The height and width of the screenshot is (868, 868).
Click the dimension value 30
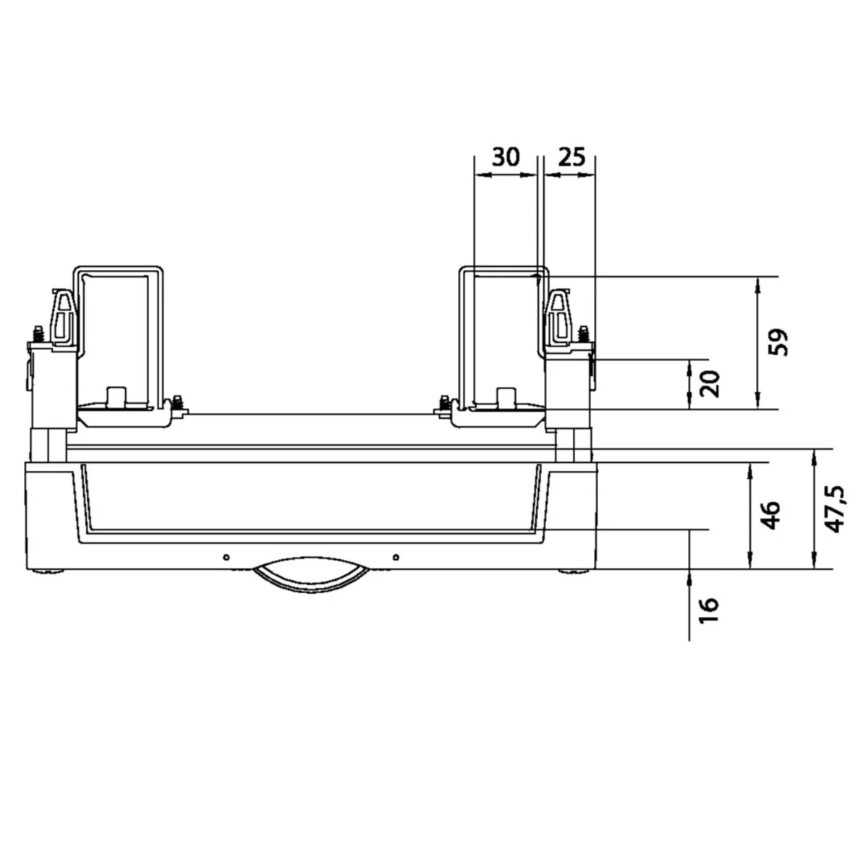pos(506,157)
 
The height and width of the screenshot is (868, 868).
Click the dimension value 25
pos(572,157)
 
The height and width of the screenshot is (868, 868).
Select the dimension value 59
pos(778,343)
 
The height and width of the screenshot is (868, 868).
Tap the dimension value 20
pos(710,383)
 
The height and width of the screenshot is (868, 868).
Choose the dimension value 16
pos(709,610)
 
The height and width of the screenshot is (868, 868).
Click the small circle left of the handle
pos(226,557)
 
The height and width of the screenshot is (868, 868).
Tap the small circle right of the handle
pos(396,557)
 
